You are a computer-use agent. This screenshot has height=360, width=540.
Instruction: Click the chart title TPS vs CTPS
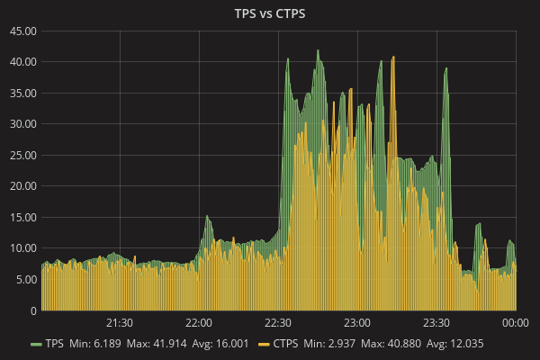(270, 13)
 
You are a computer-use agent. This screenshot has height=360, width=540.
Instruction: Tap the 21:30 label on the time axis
(120, 322)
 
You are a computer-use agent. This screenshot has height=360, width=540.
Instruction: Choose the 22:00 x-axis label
(199, 322)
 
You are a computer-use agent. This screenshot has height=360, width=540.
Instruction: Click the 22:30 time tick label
(278, 322)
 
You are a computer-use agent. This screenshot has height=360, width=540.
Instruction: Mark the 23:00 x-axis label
(357, 322)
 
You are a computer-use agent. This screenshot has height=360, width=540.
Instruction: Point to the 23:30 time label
(436, 322)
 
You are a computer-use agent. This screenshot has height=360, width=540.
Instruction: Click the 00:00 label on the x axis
(515, 322)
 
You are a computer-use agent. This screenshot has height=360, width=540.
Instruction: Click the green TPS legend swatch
(36, 345)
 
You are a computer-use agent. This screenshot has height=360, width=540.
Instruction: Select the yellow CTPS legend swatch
(265, 345)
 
